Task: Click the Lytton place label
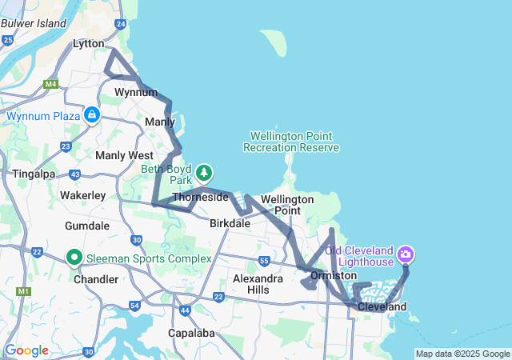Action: coord(88,43)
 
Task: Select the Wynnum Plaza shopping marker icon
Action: coord(93,115)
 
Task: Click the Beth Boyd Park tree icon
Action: coord(205,172)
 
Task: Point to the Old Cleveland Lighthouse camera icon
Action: coord(406,255)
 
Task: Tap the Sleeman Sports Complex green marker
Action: coord(74,258)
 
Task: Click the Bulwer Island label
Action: coord(34,22)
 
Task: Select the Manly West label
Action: coord(124,155)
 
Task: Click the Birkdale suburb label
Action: coord(230,224)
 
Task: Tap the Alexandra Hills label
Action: coord(258,283)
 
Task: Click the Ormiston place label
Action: coord(333,275)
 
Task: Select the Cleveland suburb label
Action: coord(382,306)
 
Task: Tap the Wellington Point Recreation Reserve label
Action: coord(291,142)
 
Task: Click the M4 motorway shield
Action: coord(51,84)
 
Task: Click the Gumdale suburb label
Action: coord(86,226)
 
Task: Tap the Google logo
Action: coord(26,350)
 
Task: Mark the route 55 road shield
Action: coord(264,261)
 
